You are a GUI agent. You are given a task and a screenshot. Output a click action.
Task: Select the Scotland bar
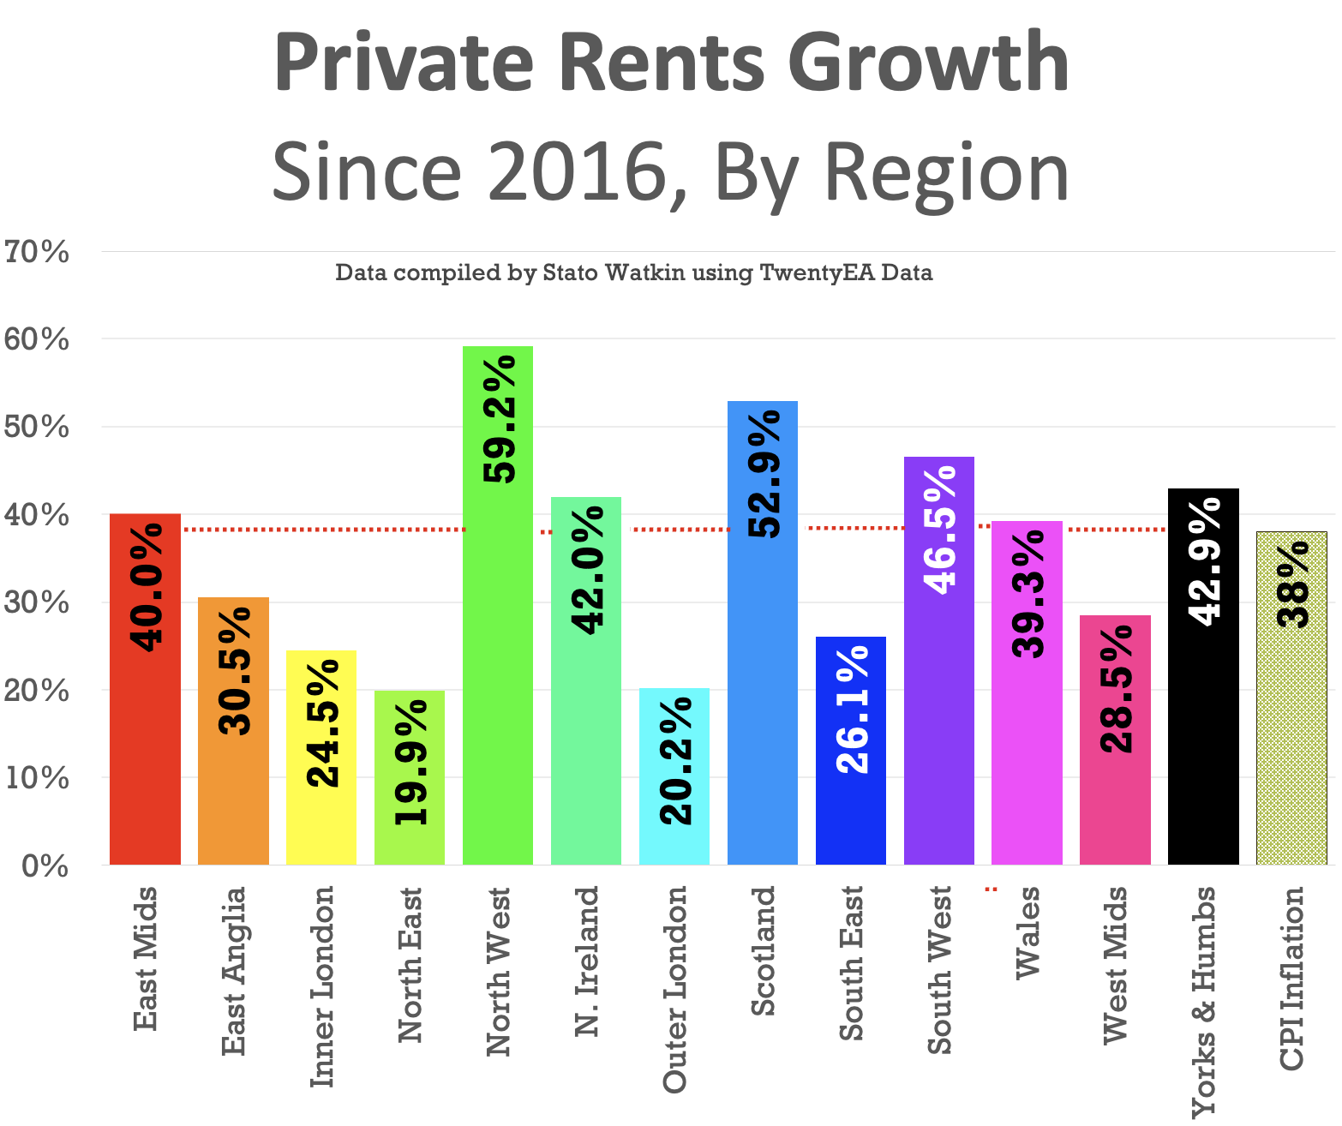pos(762,686)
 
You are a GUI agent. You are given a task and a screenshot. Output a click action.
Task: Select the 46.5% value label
pos(940,530)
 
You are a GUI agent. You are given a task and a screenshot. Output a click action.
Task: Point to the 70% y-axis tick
pos(36,252)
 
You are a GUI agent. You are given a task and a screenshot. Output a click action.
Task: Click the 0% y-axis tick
pos(45,865)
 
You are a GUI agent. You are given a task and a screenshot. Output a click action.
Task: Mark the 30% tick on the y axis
pos(36,602)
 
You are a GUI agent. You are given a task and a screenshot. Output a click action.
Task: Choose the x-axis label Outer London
pos(675,989)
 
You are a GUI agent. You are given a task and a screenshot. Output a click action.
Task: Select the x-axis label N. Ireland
pos(587,960)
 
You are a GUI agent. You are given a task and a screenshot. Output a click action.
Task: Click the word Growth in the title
pos(928,63)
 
